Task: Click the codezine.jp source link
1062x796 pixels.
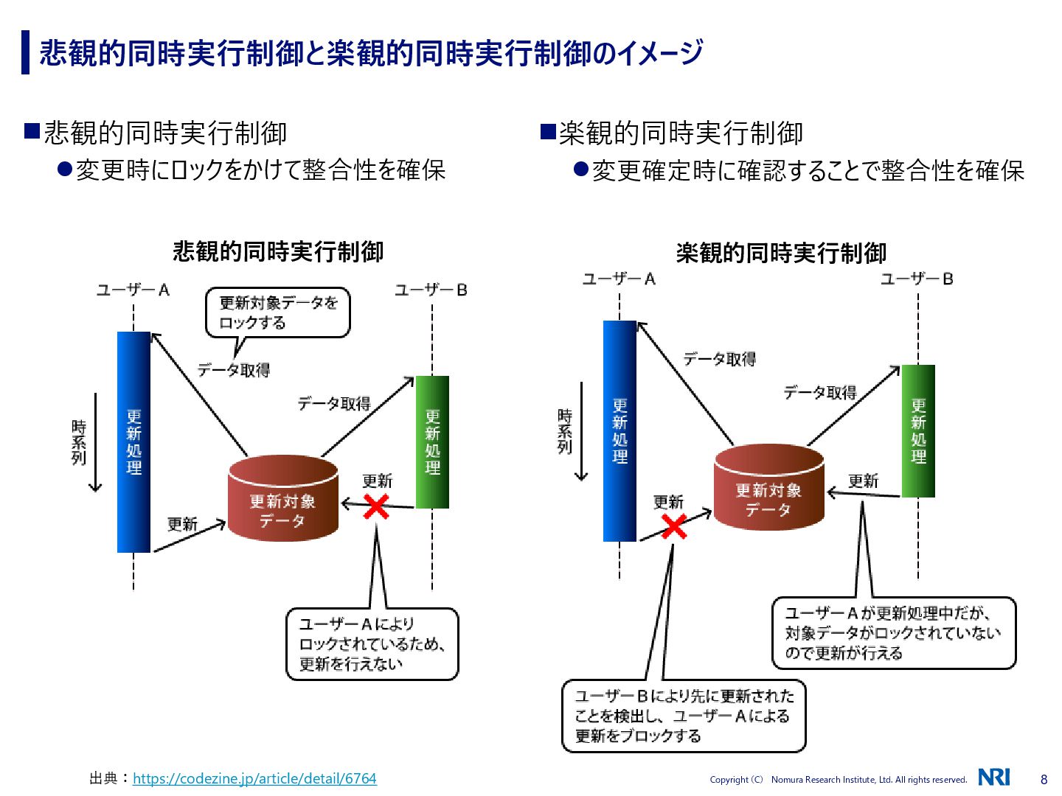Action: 254,778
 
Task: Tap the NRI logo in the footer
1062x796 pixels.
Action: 993,777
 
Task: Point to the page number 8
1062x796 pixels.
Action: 1044,779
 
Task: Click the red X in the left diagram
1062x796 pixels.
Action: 376,506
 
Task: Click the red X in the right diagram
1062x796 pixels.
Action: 674,526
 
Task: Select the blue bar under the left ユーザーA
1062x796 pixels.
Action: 133,442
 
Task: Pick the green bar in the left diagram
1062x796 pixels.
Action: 432,442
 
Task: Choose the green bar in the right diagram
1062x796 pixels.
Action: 918,431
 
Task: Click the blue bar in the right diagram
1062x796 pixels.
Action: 619,431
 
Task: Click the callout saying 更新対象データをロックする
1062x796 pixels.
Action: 277,313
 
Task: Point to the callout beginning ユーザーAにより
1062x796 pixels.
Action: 372,643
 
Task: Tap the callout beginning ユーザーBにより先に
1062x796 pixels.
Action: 684,716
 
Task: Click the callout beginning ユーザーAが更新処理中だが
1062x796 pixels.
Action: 894,633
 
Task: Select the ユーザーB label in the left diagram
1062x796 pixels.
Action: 431,290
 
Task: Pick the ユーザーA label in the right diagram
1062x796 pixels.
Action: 619,279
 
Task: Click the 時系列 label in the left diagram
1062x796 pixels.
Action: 79,442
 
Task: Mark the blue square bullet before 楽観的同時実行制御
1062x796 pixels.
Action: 548,132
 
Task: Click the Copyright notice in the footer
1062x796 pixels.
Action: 838,780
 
